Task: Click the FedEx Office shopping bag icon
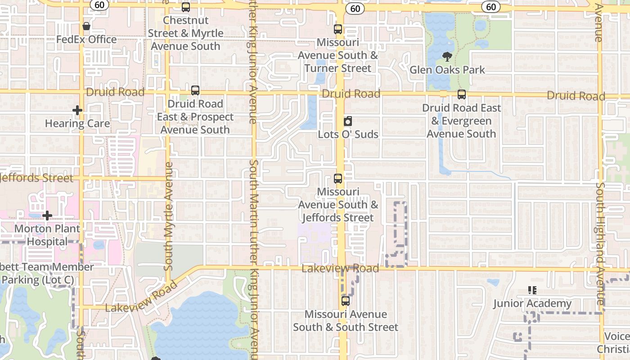86,26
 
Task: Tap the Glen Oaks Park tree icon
447,57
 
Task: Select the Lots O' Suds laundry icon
348,121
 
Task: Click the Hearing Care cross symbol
77,110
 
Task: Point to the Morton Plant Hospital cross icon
47,216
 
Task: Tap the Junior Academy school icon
532,290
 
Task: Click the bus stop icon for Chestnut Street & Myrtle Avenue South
186,7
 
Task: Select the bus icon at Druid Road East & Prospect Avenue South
195,90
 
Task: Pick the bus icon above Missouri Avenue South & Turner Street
338,29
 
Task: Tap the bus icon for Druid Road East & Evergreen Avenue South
462,94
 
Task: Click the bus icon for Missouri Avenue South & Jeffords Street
338,179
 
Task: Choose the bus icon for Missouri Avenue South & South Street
346,301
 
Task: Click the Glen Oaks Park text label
447,70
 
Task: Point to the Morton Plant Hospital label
47,235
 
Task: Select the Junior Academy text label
532,303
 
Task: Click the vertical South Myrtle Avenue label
169,216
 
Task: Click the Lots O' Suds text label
348,134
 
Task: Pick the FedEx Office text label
86,39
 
